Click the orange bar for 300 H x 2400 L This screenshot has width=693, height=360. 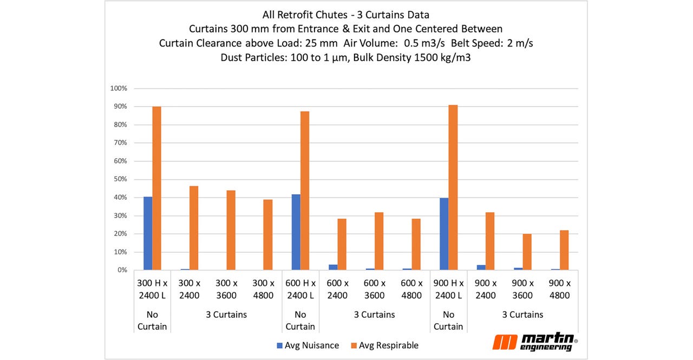click(157, 188)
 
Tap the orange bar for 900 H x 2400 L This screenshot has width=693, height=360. click(453, 187)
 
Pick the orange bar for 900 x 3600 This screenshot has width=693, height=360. click(527, 252)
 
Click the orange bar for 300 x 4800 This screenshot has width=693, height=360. click(268, 234)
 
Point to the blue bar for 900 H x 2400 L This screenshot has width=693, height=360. click(444, 234)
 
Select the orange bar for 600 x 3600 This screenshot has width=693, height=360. click(379, 241)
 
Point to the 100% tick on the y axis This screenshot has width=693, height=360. click(119, 88)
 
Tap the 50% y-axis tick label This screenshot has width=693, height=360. click(120, 179)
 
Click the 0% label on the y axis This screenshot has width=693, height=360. click(122, 270)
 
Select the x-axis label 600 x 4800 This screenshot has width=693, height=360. click(411, 289)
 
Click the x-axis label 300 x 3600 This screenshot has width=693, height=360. click(226, 289)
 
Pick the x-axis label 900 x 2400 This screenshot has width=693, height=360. click(486, 289)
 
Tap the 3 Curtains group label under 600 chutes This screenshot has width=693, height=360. click(374, 315)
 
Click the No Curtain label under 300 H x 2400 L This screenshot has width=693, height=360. click(152, 320)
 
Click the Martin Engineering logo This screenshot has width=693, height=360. click(534, 342)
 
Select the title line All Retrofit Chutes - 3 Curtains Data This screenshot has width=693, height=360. click(346, 15)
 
